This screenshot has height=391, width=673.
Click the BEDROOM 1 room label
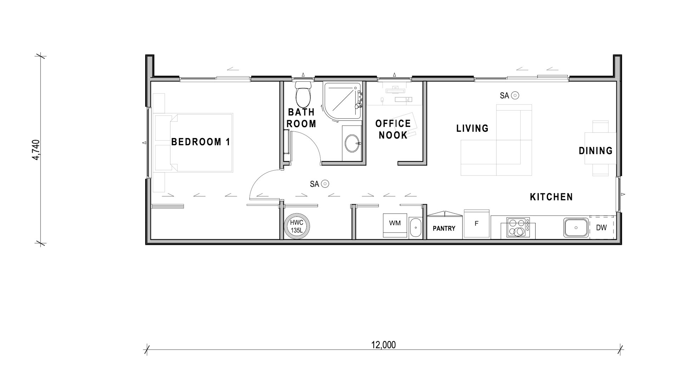(x=201, y=142)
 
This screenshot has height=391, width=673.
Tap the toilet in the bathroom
(x=303, y=94)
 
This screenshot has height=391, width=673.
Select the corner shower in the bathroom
(x=342, y=101)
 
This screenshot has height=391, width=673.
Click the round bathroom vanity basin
(x=352, y=143)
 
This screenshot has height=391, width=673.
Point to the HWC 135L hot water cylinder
(x=297, y=226)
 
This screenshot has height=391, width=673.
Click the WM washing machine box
(x=395, y=225)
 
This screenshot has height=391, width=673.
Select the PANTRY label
(x=444, y=228)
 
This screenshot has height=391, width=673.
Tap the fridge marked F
(x=477, y=223)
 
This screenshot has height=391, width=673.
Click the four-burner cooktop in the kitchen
(x=518, y=227)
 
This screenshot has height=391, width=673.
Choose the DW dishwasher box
(x=601, y=227)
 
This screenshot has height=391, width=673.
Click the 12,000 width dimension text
(x=384, y=345)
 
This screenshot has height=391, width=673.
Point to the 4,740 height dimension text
(x=36, y=150)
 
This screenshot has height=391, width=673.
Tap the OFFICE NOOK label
(x=393, y=129)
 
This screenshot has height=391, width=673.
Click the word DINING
(x=596, y=151)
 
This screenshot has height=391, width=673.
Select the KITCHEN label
(x=552, y=197)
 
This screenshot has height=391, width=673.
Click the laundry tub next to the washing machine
(x=415, y=228)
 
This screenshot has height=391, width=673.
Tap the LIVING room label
(x=473, y=128)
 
